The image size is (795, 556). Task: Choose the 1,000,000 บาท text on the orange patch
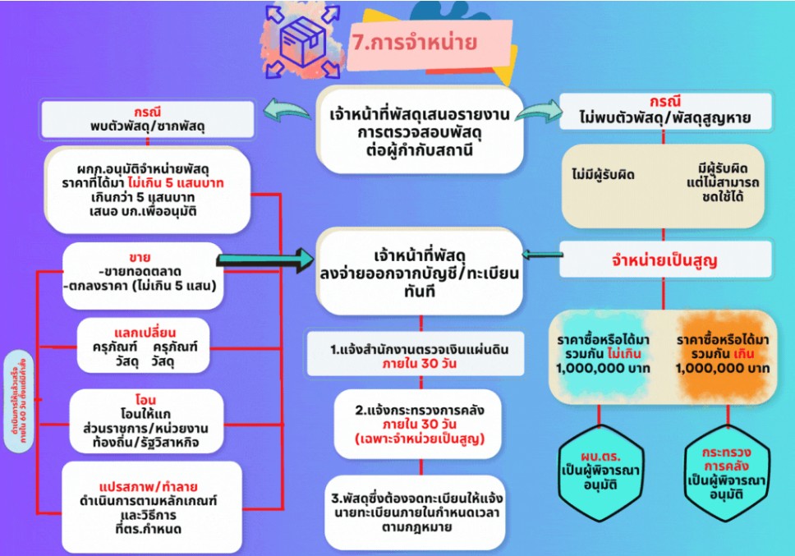coord(723,368)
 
